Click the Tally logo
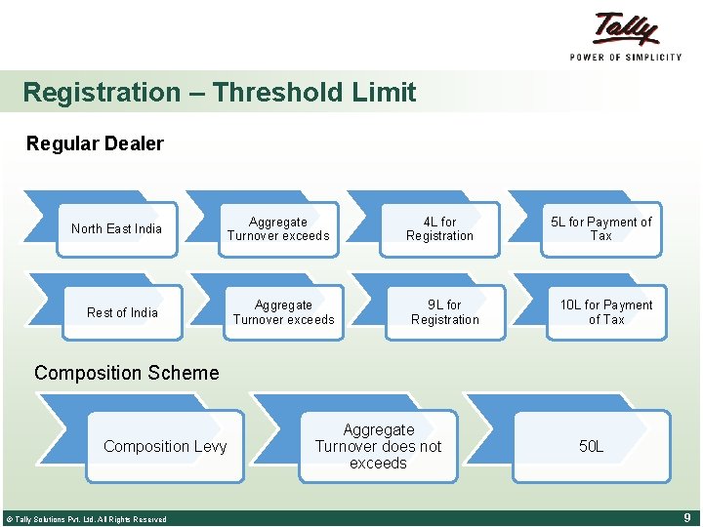626,29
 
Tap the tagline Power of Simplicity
626,58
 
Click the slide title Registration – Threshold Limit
219,93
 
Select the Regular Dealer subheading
95,144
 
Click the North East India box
116,229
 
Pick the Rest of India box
122,313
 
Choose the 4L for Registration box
439,229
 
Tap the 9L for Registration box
444,313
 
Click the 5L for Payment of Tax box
600,229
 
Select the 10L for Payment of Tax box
605,313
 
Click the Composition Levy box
164,447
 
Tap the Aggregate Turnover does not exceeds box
378,447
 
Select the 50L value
591,447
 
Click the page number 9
687,518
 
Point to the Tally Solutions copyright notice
86,519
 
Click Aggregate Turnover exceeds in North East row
278,229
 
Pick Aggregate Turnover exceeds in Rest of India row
283,313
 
